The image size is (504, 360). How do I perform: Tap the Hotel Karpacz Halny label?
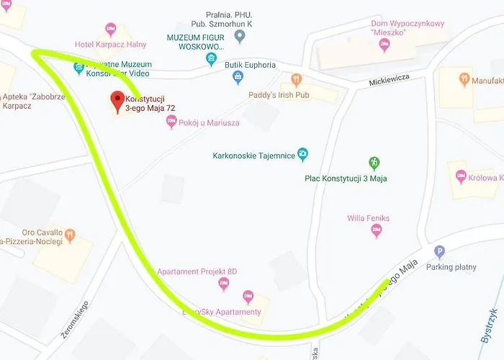[x=110, y=44]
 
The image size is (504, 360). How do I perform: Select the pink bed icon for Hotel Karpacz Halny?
[x=110, y=30]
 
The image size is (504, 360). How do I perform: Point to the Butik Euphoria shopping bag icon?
[x=238, y=77]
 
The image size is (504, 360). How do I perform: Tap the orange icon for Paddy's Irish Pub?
[x=296, y=79]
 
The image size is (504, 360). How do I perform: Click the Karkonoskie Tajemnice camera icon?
[x=303, y=154]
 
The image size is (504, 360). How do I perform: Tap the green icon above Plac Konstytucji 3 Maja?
[x=374, y=163]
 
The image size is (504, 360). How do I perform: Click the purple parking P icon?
[x=440, y=252]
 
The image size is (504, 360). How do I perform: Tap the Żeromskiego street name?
[x=74, y=320]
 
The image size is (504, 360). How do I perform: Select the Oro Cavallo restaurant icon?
[x=70, y=234]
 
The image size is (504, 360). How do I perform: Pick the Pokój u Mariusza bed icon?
[x=171, y=122]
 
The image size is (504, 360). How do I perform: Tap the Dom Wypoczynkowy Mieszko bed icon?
[x=384, y=45]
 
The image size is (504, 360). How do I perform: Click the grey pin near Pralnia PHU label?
[x=240, y=36]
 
